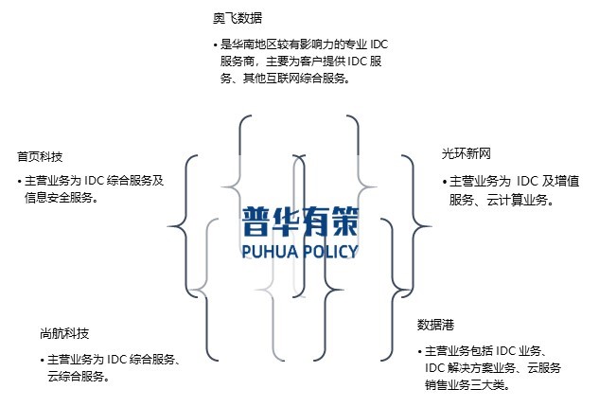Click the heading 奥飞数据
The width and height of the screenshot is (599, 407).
pos(238,18)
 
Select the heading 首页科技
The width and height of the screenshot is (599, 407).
pos(40,156)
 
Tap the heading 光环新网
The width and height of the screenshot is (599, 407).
pos(466,153)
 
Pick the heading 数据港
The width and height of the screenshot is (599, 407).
pos(435,325)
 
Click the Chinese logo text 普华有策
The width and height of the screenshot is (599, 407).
pos(300,221)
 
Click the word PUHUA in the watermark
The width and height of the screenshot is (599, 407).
pos(270,252)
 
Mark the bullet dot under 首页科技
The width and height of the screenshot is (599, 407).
pos(19,182)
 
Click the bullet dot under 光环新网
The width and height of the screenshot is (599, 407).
pos(444,182)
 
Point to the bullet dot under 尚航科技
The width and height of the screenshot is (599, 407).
pos(42,360)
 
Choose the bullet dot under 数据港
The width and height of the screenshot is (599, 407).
pos(418,351)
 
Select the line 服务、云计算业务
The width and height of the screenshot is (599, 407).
pos(501,199)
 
